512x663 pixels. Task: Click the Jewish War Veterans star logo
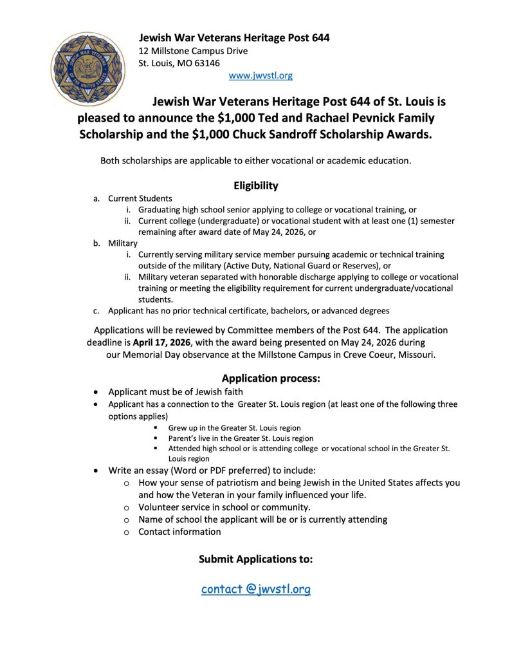click(89, 69)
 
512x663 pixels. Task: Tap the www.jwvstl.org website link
click(261, 75)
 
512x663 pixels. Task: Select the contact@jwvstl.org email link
click(255, 589)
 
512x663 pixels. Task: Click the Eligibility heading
click(256, 185)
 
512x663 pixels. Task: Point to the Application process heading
click(271, 378)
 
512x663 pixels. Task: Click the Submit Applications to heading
click(256, 559)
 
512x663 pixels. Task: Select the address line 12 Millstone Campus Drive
click(193, 51)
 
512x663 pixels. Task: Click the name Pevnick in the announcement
click(361, 118)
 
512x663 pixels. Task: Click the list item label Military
click(123, 243)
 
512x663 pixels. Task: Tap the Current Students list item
click(140, 198)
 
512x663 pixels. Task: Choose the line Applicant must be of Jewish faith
click(176, 391)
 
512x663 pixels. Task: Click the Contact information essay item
click(179, 532)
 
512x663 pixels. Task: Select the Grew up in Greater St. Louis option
click(234, 427)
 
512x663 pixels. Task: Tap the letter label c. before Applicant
click(96, 311)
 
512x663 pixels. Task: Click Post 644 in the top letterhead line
click(307, 38)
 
